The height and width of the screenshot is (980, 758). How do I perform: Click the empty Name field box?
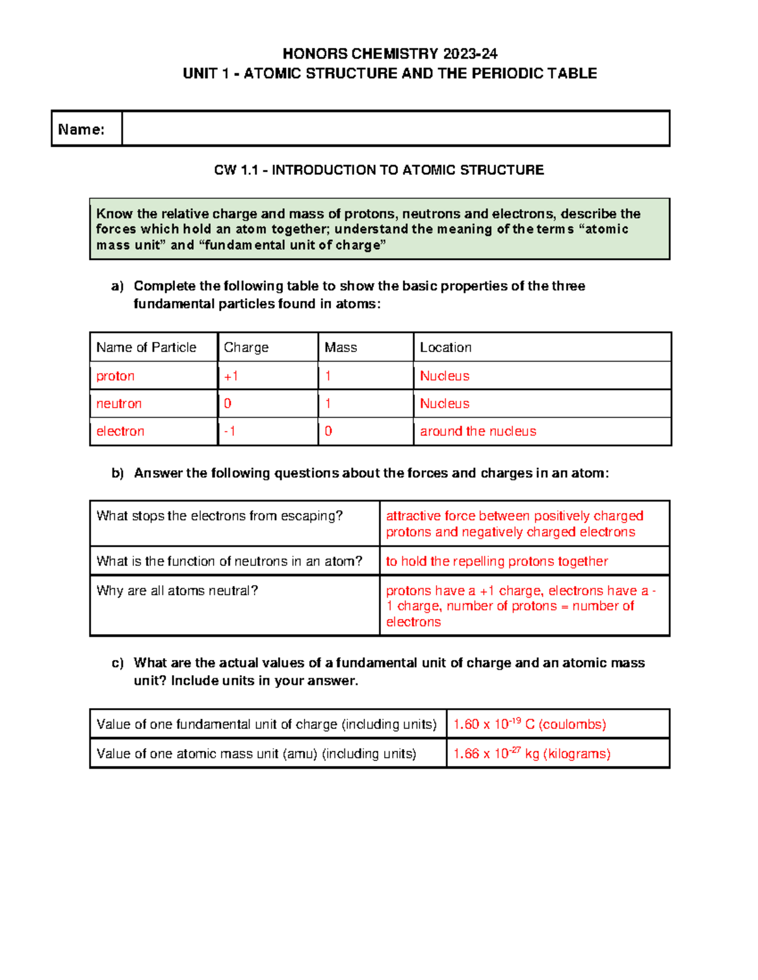coord(395,129)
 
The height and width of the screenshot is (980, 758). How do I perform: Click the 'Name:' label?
coord(81,129)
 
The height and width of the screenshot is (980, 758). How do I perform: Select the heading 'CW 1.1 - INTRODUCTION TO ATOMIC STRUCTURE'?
coord(379,170)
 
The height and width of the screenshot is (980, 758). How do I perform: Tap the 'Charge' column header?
coord(246,347)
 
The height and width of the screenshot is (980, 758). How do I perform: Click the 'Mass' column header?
coord(340,347)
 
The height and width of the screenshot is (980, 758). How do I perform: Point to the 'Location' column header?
coord(445,347)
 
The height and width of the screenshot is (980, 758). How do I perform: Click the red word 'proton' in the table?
coord(115,376)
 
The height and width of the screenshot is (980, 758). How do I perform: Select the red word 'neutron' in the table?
coord(119,404)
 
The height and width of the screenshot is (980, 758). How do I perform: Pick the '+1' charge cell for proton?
coord(231,376)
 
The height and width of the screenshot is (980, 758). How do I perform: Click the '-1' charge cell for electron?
coord(230,432)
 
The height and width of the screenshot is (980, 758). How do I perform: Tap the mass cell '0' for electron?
coord(328,432)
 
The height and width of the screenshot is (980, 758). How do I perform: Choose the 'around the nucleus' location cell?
coord(478,432)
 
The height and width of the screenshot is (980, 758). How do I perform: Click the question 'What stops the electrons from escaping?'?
coord(219,516)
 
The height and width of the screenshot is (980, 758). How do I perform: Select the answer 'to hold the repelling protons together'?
coord(496,562)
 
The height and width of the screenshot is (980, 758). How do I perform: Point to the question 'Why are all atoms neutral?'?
coord(177,591)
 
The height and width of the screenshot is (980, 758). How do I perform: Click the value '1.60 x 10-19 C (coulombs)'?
coord(529,724)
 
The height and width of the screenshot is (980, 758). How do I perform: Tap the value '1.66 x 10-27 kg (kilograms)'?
coord(532,753)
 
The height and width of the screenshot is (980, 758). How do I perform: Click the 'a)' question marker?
coord(117,286)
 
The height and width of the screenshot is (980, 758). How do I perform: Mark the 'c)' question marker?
coord(117,663)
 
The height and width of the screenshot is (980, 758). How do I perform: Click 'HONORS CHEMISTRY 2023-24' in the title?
coord(390,54)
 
